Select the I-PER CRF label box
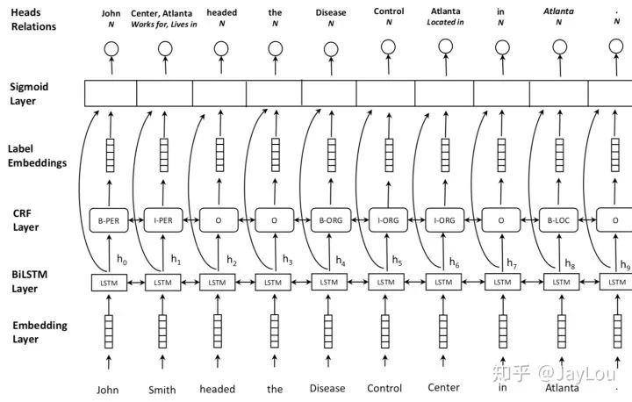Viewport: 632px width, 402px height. [x=164, y=221]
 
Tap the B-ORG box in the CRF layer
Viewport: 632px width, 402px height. [x=328, y=221]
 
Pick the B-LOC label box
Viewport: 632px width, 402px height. [x=557, y=221]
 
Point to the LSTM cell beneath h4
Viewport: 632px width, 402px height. [x=328, y=282]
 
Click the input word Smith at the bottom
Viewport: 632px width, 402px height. [x=162, y=389]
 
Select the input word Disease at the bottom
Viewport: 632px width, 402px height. [x=327, y=389]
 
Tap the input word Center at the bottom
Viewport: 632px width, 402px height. [x=443, y=387]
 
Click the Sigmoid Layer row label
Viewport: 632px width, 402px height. [x=30, y=94]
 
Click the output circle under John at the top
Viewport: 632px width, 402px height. [x=111, y=47]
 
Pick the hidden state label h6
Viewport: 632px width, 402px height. [x=453, y=262]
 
